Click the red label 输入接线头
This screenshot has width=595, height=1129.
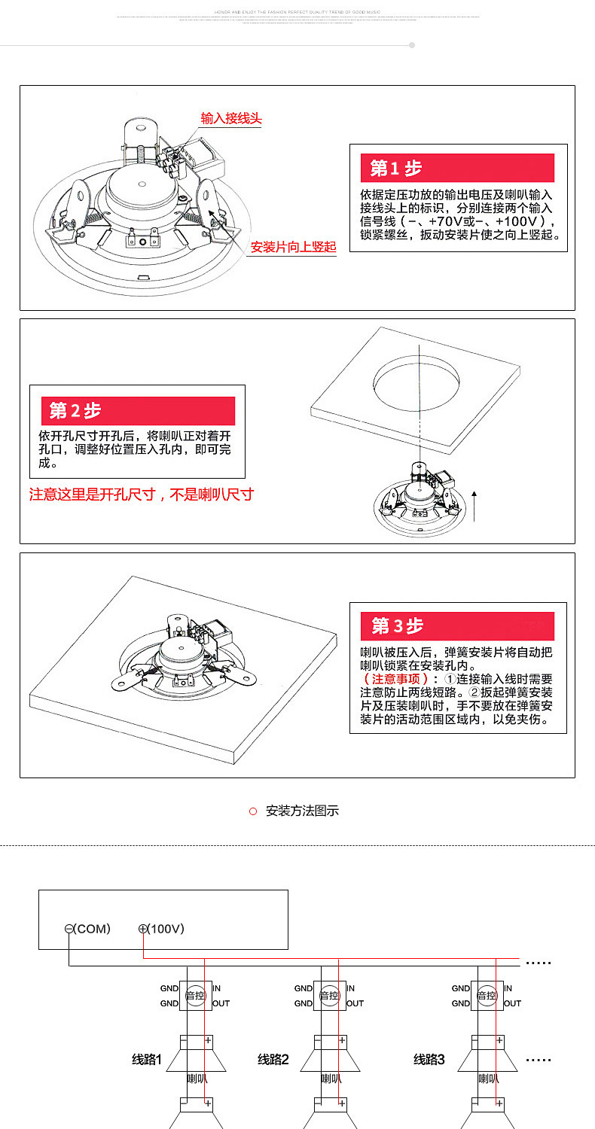[231, 118]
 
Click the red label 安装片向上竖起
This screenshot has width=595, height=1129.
[293, 247]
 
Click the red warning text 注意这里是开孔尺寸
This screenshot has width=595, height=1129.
[141, 495]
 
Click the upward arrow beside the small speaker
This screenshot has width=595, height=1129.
[474, 505]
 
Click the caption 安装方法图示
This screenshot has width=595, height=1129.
[302, 811]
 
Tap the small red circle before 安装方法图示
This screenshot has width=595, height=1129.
[253, 811]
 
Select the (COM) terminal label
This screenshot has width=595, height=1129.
[88, 929]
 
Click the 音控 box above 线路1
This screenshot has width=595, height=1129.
[195, 995]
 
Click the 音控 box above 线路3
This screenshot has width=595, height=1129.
[487, 995]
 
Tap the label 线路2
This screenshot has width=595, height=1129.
[273, 1060]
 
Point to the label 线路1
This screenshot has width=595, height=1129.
[147, 1060]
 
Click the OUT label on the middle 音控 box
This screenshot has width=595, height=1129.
[355, 1003]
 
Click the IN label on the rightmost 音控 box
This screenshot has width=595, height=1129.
[508, 988]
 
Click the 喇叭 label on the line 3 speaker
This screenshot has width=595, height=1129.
[488, 1079]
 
